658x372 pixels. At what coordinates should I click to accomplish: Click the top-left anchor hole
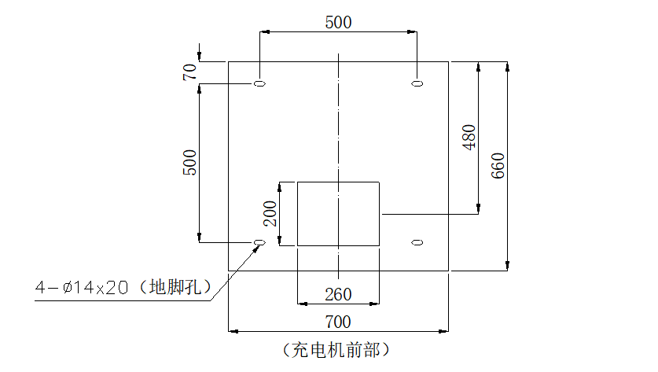pyautogui.click(x=259, y=83)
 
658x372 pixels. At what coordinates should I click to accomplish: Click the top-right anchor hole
pyautogui.click(x=417, y=83)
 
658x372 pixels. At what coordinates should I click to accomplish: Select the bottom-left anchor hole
pyautogui.click(x=259, y=242)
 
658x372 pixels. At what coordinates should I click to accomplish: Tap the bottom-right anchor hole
pyautogui.click(x=417, y=242)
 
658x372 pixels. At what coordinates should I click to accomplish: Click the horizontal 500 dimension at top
pyautogui.click(x=338, y=22)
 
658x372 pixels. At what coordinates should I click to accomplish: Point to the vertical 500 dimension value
pyautogui.click(x=189, y=162)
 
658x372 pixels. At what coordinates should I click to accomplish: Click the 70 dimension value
pyautogui.click(x=189, y=72)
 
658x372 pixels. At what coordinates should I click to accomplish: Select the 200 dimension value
pyautogui.click(x=270, y=213)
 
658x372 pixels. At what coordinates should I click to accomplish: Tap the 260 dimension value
pyautogui.click(x=338, y=294)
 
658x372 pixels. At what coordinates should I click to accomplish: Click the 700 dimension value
pyautogui.click(x=338, y=322)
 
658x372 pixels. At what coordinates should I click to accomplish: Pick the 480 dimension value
pyautogui.click(x=469, y=137)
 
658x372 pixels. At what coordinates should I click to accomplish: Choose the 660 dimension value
pyautogui.click(x=498, y=165)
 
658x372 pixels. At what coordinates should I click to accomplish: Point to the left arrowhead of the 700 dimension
pyautogui.click(x=233, y=331)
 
